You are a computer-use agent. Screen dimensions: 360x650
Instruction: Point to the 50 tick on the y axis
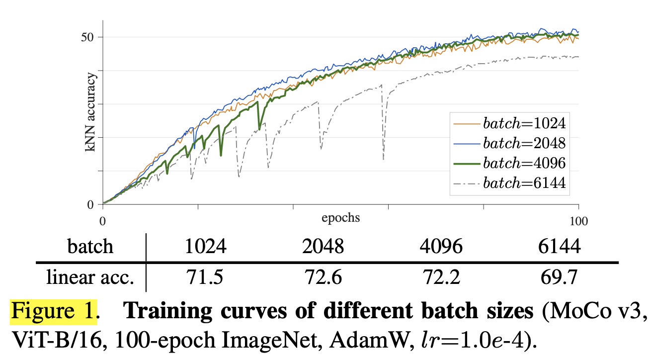pos(89,37)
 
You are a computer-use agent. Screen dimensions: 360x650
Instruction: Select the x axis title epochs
pos(340,218)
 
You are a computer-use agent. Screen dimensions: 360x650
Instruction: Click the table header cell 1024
pos(205,247)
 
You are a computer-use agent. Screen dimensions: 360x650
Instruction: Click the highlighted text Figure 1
pos(53,311)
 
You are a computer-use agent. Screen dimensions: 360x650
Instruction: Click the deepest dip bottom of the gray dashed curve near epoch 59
pos(383,159)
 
